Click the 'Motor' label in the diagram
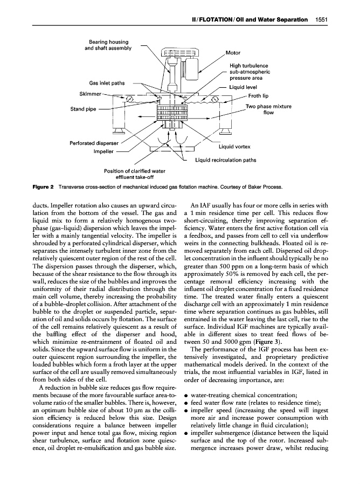coord(233,53)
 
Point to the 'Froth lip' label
coord(259,96)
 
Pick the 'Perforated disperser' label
coord(94,143)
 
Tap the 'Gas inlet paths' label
coord(107,83)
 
